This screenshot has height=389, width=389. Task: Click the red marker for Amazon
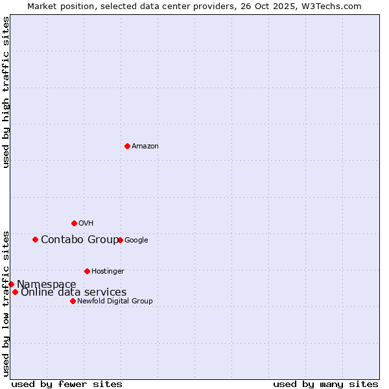[x=127, y=146]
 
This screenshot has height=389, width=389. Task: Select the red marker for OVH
[x=74, y=223]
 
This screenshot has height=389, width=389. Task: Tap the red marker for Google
[x=120, y=240]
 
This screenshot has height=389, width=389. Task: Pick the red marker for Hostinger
[x=87, y=271]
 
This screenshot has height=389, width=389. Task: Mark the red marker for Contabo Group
[x=35, y=239]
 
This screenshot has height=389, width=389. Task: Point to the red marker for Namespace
[x=11, y=284]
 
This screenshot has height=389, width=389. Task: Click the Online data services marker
[x=15, y=292]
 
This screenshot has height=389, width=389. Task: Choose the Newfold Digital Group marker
[x=73, y=301]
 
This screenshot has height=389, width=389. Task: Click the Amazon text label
[x=145, y=147]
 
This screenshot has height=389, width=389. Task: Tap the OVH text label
[x=86, y=224]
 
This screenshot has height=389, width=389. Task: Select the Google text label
[x=136, y=241]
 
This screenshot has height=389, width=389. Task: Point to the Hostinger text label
[x=108, y=272]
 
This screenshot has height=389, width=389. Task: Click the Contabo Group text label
[x=80, y=240]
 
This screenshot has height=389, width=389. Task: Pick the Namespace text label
[x=47, y=285]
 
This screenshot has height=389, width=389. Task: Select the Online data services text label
[x=74, y=292]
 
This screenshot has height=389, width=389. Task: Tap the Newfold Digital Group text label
[x=115, y=301]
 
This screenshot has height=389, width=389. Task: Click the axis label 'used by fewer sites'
[x=67, y=384]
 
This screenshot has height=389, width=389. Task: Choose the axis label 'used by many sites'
[x=325, y=384]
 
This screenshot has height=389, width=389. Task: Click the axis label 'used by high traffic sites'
[x=6, y=92]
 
